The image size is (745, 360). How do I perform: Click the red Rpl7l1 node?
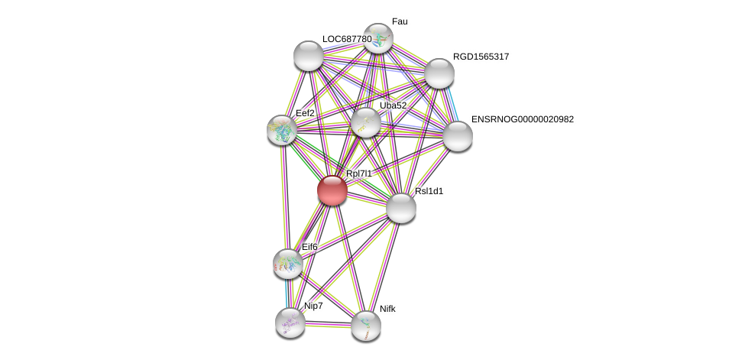point(332,190)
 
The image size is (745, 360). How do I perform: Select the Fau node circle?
point(377,38)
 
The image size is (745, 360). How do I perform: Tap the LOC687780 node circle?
point(309,56)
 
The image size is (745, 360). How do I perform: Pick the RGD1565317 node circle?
point(439,73)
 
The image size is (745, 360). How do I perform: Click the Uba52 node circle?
point(366,122)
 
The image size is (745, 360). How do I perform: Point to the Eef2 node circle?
point(282,130)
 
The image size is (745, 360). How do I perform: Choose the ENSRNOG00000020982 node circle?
point(458,136)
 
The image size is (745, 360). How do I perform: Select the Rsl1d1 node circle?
point(400,208)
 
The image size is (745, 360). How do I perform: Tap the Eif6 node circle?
point(288,264)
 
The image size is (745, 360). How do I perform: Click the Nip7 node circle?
point(290,322)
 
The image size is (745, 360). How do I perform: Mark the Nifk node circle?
point(366,326)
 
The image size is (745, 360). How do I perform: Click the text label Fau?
point(400,21)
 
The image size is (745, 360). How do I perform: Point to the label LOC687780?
point(346,39)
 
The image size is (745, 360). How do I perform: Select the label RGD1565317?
point(481,57)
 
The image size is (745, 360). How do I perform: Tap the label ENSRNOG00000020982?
point(522,119)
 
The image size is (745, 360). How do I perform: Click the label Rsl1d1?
point(429,191)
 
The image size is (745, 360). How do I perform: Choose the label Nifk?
point(387,309)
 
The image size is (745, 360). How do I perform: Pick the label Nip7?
point(313,306)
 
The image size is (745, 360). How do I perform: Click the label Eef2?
point(305,113)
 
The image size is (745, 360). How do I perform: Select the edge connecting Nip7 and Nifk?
point(328,324)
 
